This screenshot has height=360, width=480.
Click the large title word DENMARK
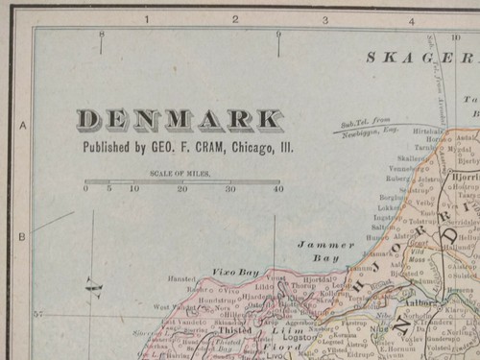(x=180, y=120)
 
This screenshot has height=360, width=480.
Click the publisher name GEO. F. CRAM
(x=186, y=148)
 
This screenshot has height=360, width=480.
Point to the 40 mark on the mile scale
(x=278, y=189)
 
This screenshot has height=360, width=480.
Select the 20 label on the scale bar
(x=182, y=189)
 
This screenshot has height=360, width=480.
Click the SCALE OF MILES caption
(x=180, y=174)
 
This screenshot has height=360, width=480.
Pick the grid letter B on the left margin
(x=22, y=235)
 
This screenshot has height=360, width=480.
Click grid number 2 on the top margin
(x=235, y=18)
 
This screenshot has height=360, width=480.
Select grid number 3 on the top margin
(x=324, y=18)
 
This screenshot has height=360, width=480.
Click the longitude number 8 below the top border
(x=101, y=36)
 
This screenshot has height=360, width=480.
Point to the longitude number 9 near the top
(x=278, y=36)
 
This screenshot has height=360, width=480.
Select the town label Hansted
(x=182, y=278)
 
